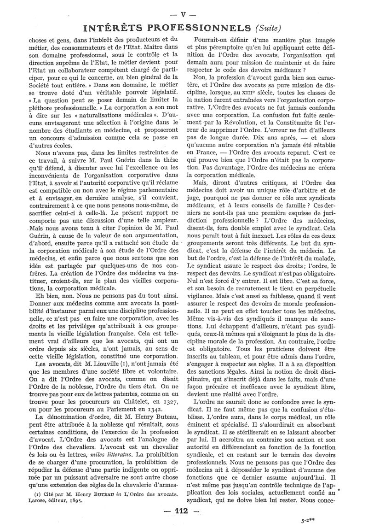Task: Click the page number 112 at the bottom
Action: (x=183, y=510)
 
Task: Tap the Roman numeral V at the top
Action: (x=184, y=14)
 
